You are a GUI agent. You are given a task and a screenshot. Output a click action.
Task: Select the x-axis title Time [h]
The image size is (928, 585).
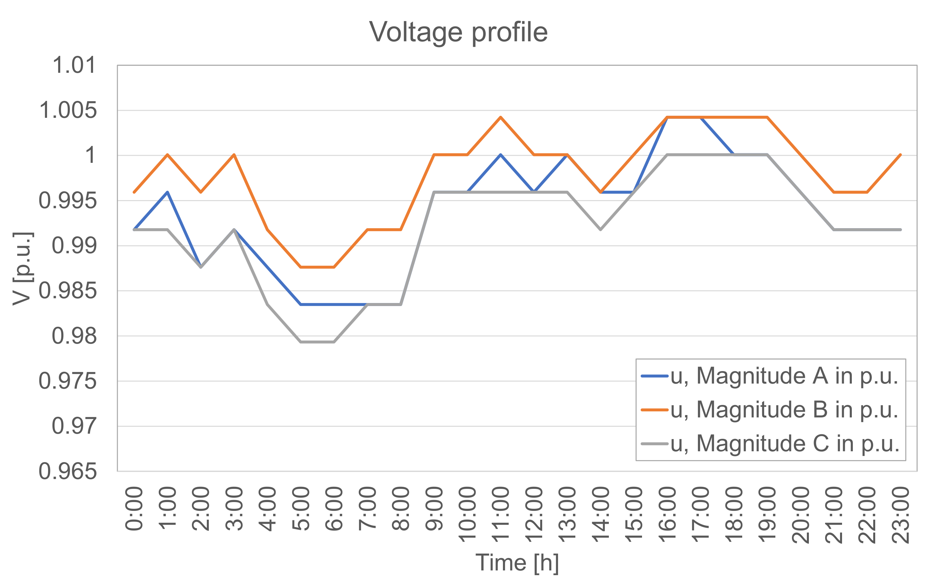(x=517, y=563)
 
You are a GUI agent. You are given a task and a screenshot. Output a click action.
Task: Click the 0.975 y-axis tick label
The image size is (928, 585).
(x=68, y=381)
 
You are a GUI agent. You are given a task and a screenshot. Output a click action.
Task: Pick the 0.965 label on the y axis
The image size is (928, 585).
(x=68, y=471)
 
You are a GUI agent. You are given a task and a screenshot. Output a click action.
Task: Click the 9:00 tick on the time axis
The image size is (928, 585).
(x=434, y=509)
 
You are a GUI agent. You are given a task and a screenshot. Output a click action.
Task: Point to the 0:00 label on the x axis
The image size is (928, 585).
(x=134, y=509)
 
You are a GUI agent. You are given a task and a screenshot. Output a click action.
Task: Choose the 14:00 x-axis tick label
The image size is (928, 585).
(x=601, y=515)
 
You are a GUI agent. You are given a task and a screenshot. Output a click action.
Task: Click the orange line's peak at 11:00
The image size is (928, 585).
(x=501, y=117)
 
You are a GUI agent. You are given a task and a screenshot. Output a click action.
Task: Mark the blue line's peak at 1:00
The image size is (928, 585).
(x=168, y=192)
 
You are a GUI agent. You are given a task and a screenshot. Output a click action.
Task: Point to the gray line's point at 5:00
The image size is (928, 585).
(x=301, y=342)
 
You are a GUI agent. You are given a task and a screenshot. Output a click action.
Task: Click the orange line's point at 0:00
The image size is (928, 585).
(x=134, y=192)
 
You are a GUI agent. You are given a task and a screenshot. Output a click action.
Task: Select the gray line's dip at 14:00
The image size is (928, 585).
(x=601, y=230)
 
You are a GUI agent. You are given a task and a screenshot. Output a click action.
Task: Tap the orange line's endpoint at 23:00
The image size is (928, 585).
(x=901, y=155)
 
